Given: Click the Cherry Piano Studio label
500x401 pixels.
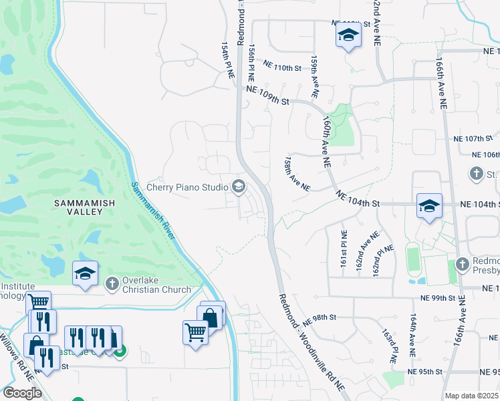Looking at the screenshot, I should point(187,187).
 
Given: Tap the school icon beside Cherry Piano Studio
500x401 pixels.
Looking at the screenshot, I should point(238,186).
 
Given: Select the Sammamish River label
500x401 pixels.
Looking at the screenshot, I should point(154,211).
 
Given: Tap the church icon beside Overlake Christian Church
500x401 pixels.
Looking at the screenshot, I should point(112,285).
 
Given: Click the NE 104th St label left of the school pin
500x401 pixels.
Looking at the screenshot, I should point(358,198).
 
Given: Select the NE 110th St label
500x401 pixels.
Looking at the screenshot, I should point(283,66).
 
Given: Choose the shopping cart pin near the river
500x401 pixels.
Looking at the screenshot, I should point(196,331).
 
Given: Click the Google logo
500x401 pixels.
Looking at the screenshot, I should point(22,392).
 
